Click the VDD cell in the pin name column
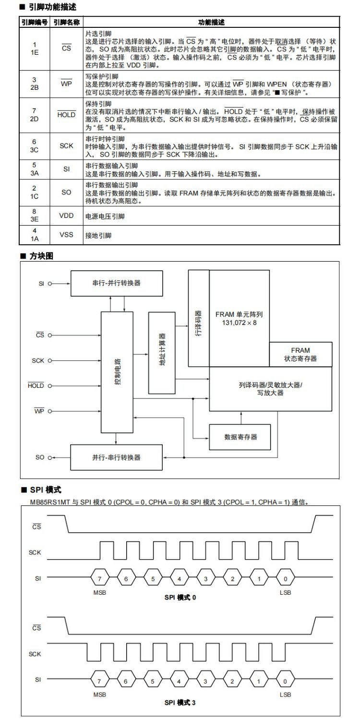click(x=66, y=216)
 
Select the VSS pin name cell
click(x=66, y=235)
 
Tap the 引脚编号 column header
click(x=34, y=22)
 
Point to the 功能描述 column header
click(x=211, y=22)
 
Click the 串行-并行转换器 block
click(x=117, y=283)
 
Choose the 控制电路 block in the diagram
click(x=117, y=372)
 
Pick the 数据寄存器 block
click(x=240, y=437)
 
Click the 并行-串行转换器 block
click(x=117, y=457)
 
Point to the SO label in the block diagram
click(x=40, y=457)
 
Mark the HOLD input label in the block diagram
click(x=36, y=385)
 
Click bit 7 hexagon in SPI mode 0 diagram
click(x=99, y=578)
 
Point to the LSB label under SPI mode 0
click(x=285, y=593)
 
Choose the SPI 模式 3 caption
click(x=180, y=702)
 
